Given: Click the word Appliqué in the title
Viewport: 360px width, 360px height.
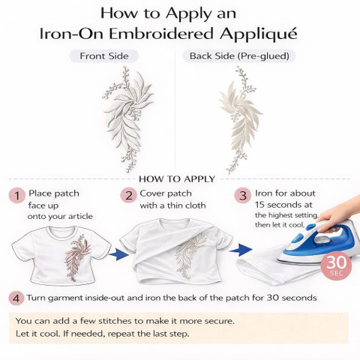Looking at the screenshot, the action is point(259,34).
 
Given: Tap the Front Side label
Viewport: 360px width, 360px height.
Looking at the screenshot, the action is point(104,56).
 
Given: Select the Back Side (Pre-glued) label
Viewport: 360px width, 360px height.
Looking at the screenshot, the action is point(239,56).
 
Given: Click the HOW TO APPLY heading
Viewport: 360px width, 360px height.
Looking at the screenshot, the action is point(177,179).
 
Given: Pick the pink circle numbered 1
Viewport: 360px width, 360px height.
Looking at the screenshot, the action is point(17,196).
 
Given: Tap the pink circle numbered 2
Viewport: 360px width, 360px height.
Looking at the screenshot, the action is point(129,196).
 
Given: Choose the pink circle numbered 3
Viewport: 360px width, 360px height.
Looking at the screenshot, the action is point(243,196).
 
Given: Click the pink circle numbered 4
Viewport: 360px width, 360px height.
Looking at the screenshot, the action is point(16,298).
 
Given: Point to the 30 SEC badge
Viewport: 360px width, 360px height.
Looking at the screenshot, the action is point(336,265).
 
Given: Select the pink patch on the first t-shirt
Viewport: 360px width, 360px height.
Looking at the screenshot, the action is point(76,257).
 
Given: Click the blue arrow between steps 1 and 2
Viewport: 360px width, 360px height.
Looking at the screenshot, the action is point(119,254).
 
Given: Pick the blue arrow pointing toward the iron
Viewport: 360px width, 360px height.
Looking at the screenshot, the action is point(241,250).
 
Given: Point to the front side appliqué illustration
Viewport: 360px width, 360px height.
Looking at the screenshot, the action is point(128,119).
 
